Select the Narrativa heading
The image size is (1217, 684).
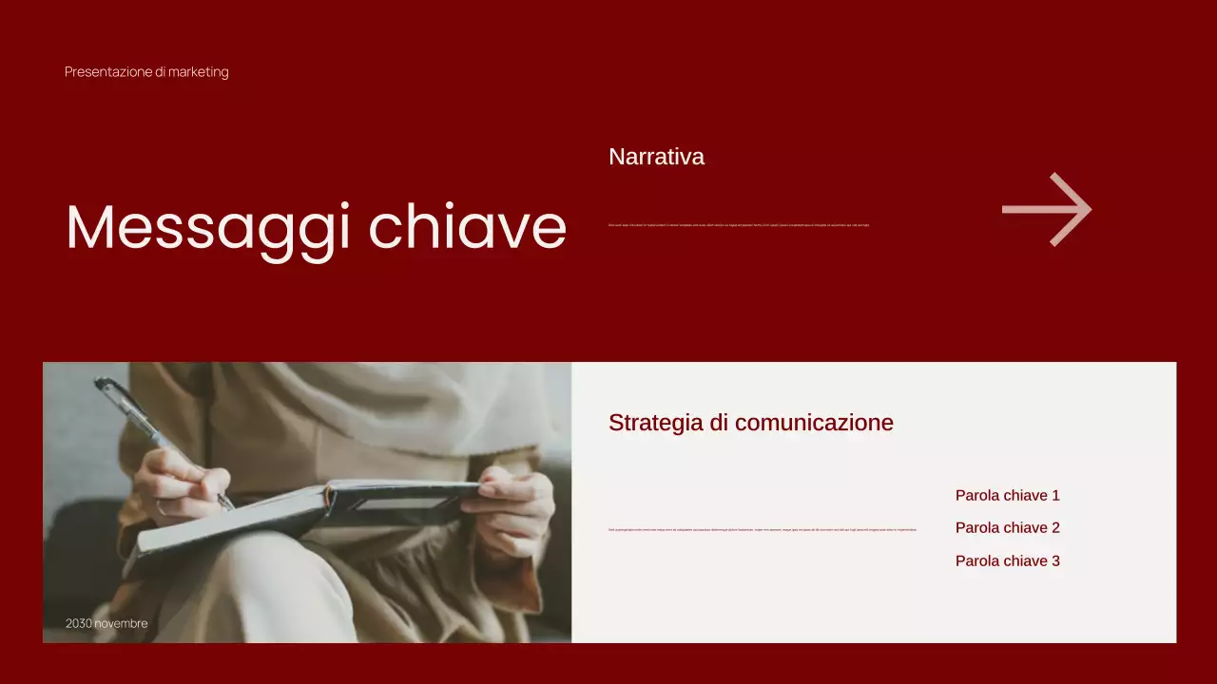656,157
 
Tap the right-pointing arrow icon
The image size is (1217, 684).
1047,209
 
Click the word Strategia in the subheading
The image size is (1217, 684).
655,423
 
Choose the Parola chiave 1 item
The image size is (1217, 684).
1007,495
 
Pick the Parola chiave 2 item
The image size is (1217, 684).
1007,528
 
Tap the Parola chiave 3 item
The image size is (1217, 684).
1007,560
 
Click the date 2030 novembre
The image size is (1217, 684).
106,623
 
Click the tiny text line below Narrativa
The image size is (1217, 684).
739,225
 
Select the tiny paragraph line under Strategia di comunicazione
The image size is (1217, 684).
763,529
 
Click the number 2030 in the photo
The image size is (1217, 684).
79,623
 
